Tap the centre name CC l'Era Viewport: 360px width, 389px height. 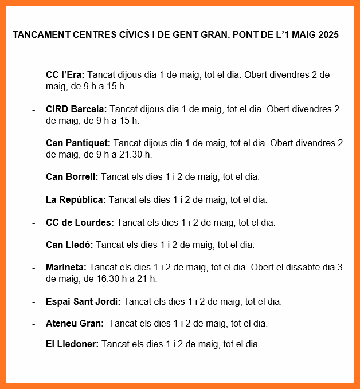tap(65, 75)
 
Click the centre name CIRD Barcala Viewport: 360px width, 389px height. tap(76, 109)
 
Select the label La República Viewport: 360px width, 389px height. tap(76, 199)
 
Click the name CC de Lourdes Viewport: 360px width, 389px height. tap(80, 222)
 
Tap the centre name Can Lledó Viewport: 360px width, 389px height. tap(69, 245)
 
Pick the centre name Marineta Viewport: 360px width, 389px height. tap(66, 268)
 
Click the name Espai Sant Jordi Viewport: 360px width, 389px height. tap(83, 301)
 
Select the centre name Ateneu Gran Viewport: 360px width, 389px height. tap(75, 323)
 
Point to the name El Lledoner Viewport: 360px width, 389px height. tap(72, 344)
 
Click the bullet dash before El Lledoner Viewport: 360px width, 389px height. tap(34, 344)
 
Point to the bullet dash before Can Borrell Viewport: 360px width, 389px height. tap(34, 176)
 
